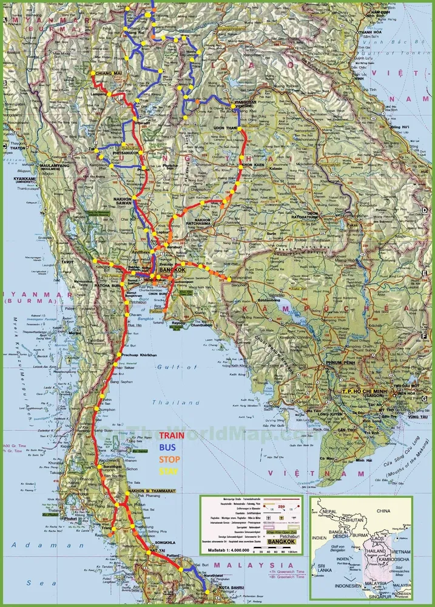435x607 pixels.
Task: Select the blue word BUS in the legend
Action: pyautogui.click(x=167, y=447)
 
